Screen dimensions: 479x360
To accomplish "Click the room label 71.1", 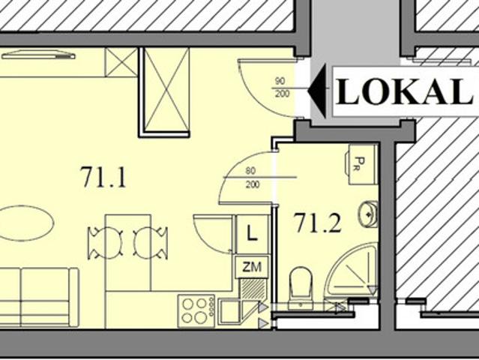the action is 103,177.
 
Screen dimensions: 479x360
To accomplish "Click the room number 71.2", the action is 317,223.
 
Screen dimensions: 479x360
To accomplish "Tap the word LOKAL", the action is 404,91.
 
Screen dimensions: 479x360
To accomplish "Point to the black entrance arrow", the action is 316,91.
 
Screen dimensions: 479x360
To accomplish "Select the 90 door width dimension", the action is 280,81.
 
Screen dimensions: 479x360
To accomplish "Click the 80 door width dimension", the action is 250,171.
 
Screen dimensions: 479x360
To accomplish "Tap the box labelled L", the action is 253,235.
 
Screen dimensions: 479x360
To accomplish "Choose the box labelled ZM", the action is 252,267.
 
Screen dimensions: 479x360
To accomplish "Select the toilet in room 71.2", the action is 301,288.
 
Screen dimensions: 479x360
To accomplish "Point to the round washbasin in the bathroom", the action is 368,214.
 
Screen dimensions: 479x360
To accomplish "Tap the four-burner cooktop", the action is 196,310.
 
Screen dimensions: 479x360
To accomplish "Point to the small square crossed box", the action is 121,62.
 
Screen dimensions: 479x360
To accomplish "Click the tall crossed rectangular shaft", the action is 166,90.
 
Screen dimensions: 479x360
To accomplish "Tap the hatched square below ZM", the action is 253,289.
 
